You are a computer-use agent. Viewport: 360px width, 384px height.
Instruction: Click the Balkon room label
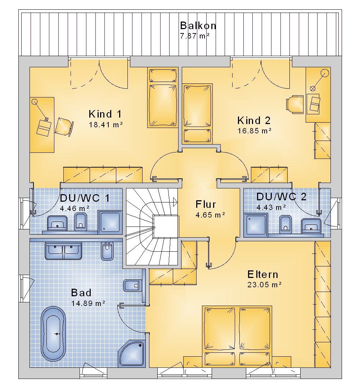coord(198,26)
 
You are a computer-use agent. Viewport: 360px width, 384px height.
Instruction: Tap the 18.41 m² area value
coord(106,125)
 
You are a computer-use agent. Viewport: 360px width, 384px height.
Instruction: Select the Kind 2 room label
coord(254,120)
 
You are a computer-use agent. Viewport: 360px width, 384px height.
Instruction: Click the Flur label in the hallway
coord(206,204)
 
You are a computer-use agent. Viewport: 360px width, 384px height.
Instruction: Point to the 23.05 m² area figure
coord(264,284)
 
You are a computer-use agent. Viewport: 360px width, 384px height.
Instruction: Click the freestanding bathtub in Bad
coord(53,334)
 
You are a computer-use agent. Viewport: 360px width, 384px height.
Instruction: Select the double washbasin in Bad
coord(63,251)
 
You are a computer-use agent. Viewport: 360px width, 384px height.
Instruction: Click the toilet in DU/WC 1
coord(81,221)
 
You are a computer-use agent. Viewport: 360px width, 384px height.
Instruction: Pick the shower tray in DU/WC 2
coord(256,225)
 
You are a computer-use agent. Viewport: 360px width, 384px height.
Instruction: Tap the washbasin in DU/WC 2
coord(311,225)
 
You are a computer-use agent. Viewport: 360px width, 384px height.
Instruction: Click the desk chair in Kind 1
coord(64,127)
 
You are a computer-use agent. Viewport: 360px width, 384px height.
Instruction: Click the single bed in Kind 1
coord(163,97)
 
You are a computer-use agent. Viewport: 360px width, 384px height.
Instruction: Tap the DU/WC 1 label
coord(85,198)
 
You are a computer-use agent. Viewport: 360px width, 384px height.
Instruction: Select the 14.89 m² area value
coord(88,303)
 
